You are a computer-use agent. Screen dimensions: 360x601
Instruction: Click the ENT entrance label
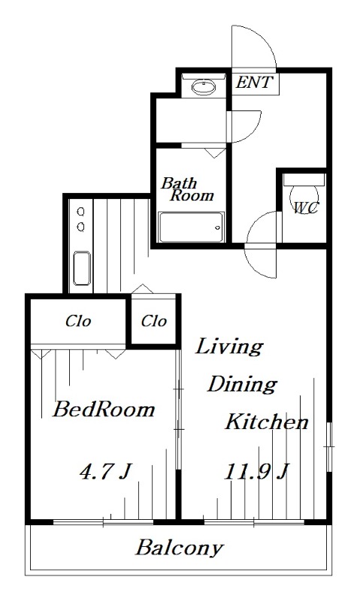click(254, 82)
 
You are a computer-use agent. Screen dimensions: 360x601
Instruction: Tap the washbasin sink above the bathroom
click(204, 87)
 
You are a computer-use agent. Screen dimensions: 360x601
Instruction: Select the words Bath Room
click(186, 189)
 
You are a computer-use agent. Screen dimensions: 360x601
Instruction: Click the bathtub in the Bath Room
click(192, 228)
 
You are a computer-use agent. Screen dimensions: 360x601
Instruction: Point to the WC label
click(306, 208)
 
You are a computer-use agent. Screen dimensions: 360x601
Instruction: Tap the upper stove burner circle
click(81, 211)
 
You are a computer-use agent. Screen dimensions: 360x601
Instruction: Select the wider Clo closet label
click(78, 321)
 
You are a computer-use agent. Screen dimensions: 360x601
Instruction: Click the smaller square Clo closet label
click(154, 321)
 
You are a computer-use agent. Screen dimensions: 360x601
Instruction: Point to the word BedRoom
click(104, 409)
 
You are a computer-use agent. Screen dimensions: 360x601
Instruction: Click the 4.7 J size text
click(105, 472)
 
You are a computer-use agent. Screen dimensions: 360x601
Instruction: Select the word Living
click(229, 346)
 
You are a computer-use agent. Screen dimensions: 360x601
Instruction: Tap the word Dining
click(241, 384)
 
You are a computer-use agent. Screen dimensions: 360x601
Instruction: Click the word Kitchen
click(267, 421)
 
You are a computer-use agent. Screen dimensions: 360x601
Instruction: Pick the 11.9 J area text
click(256, 472)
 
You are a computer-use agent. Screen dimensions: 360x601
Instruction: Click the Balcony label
click(179, 548)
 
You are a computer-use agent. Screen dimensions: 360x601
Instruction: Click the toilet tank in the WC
click(304, 180)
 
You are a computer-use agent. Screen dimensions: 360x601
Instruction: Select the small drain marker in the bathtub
click(218, 228)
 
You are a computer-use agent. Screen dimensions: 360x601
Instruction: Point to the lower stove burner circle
click(81, 227)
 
